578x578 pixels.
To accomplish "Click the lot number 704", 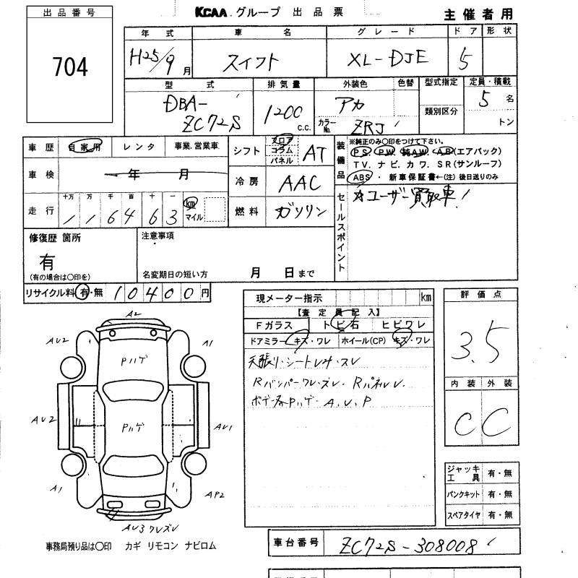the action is point(70,67).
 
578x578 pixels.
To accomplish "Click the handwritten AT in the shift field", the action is point(314,152).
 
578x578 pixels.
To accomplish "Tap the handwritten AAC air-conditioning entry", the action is point(298,183).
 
